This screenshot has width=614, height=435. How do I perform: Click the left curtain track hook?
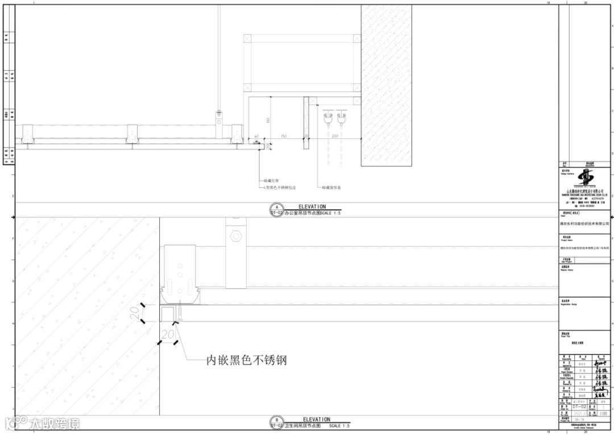pyautogui.click(x=327, y=119)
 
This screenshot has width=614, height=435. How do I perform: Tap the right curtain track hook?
pyautogui.click(x=341, y=119)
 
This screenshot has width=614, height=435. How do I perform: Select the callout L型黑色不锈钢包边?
pyautogui.click(x=280, y=187)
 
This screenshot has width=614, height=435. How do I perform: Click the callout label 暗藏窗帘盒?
pyautogui.click(x=331, y=187)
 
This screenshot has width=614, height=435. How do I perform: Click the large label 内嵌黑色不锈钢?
pyautogui.click(x=246, y=360)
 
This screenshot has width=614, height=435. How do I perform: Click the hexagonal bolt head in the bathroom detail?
pyautogui.click(x=234, y=235)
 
